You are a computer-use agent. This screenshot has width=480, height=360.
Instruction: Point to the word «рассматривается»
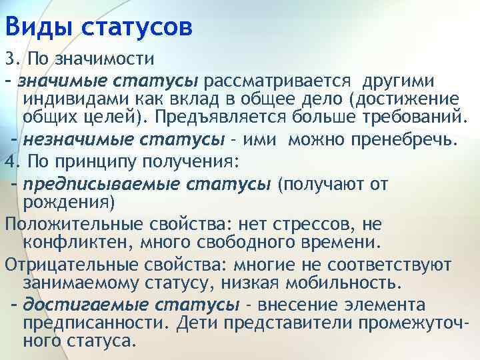[279, 81]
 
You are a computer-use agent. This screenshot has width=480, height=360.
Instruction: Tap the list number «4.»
[11, 161]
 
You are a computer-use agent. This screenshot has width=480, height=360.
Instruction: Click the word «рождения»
[69, 201]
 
